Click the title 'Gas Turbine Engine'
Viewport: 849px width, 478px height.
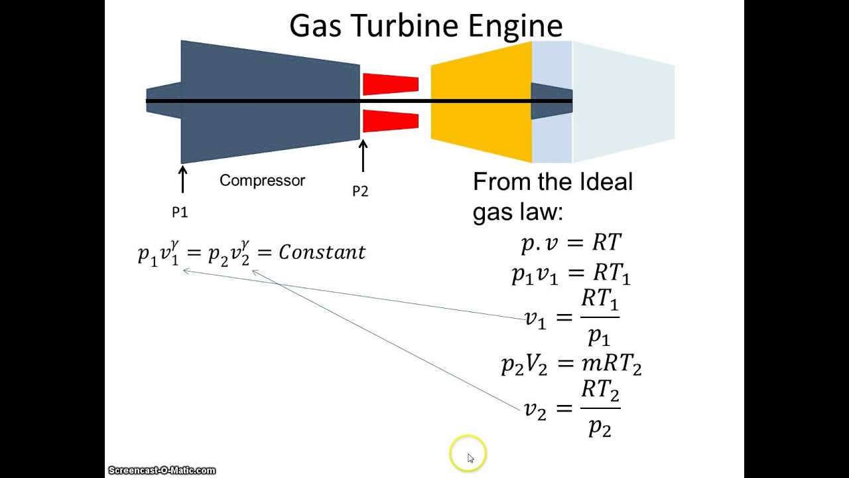coord(426,25)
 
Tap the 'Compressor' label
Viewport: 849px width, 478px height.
coord(262,181)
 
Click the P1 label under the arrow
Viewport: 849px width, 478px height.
coord(180,212)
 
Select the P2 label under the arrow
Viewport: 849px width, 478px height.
coord(360,191)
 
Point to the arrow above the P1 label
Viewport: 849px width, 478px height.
coord(182,179)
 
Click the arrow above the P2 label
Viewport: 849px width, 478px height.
coord(363,157)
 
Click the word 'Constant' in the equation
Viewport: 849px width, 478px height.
coord(322,252)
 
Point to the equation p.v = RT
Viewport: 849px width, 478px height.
coord(571,243)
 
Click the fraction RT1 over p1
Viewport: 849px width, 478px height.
coord(600,318)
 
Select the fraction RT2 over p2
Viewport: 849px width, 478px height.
coord(600,408)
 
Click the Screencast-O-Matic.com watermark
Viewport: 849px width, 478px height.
coord(162,470)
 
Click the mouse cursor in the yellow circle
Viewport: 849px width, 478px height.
coord(470,457)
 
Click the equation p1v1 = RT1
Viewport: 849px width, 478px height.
coord(571,274)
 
